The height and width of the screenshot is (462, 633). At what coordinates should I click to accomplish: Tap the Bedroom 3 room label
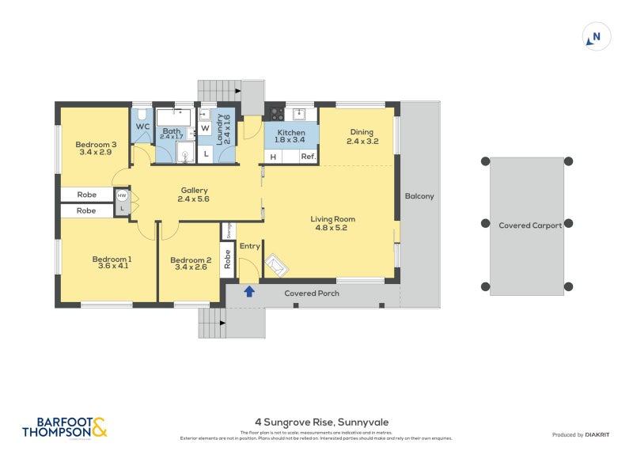(x=97, y=145)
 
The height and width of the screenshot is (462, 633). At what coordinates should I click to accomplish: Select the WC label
(x=142, y=127)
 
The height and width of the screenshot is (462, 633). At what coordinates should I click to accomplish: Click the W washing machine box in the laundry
(x=205, y=128)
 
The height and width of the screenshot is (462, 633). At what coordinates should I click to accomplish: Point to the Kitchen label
(x=290, y=133)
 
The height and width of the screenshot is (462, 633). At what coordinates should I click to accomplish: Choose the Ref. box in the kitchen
(x=309, y=157)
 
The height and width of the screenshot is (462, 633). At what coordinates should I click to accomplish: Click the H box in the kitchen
(x=273, y=157)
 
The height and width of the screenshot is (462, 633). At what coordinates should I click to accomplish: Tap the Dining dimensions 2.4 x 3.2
(x=362, y=142)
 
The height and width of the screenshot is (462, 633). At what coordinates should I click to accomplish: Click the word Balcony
(x=419, y=196)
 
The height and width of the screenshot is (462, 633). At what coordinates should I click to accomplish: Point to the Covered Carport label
(x=529, y=225)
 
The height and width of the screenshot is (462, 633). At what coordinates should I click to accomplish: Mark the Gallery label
(x=194, y=190)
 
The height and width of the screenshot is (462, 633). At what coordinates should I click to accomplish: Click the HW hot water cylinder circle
(x=122, y=195)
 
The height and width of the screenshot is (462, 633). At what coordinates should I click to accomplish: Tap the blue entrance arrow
(x=249, y=292)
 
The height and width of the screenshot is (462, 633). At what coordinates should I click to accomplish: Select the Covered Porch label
(x=312, y=293)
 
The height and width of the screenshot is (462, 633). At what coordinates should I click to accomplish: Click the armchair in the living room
(x=277, y=265)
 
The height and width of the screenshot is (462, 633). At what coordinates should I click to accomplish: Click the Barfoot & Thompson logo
(x=64, y=427)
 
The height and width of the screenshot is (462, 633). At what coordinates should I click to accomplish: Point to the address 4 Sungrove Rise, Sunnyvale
(x=321, y=422)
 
